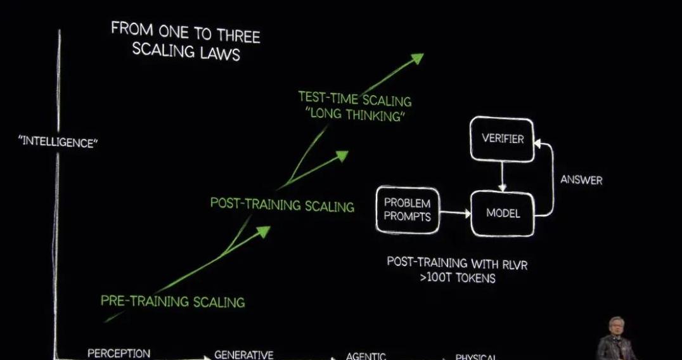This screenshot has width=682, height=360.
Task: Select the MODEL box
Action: (503, 213)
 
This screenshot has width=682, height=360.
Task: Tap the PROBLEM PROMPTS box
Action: (407, 210)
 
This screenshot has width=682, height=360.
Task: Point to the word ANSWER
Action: (581, 180)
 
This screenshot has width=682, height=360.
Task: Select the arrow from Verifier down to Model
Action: (502, 175)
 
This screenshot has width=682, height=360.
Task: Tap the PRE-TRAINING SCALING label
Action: (172, 300)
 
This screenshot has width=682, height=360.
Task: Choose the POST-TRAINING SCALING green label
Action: (282, 204)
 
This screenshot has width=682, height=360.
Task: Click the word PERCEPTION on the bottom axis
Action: (119, 353)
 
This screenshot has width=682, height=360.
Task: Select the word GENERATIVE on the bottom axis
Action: (243, 355)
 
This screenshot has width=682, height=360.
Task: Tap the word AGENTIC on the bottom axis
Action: (366, 356)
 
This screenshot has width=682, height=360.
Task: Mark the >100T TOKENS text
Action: (457, 278)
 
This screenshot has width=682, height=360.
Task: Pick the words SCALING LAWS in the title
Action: (186, 51)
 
